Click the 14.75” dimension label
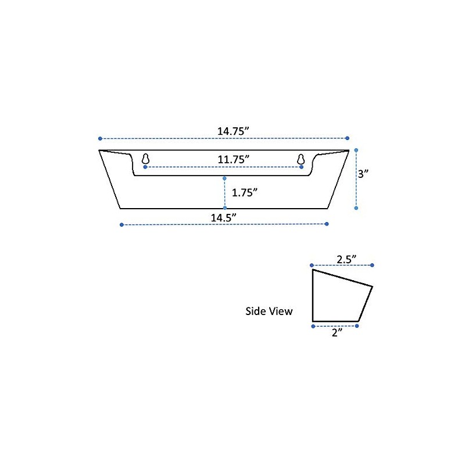point(234,131)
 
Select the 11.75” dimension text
point(234,159)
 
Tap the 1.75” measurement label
point(244,193)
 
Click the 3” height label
point(363,173)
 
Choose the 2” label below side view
point(336,334)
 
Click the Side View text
point(269,312)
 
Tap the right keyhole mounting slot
point(301,159)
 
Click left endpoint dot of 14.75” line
point(100,138)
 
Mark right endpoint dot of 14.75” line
point(348,138)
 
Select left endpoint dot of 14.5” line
point(121,224)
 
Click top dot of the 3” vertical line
point(356,149)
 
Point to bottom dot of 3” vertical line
point(356,208)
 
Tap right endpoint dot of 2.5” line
point(372,265)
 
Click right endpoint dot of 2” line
point(357,326)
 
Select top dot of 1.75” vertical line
point(224,178)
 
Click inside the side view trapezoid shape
point(337,299)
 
